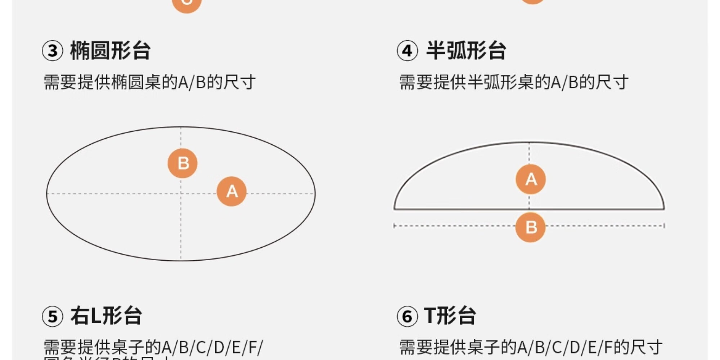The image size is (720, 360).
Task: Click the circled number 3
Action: (53, 51)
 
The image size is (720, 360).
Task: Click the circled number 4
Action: (407, 51)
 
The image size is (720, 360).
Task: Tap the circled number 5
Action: (53, 316)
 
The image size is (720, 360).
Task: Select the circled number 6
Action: (407, 316)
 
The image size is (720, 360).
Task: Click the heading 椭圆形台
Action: (110, 50)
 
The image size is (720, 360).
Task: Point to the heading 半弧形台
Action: (466, 50)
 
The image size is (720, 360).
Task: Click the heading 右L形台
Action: (106, 316)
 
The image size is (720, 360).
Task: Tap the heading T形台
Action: (450, 316)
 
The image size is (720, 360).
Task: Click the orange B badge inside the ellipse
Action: (183, 163)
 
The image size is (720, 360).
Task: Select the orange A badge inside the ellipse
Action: (231, 191)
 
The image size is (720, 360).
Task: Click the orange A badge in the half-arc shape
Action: (531, 179)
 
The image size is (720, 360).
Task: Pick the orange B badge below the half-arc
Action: (530, 227)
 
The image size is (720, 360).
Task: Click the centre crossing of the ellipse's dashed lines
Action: (181, 194)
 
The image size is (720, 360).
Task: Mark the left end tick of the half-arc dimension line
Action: (394, 226)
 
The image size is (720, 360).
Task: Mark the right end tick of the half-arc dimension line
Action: (664, 226)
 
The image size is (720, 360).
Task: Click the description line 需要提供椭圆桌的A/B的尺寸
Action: (149, 82)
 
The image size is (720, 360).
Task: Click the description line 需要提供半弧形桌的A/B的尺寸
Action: (514, 82)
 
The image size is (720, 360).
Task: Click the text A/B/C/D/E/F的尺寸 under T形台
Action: (590, 347)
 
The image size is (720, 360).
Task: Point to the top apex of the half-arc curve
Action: (529, 143)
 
